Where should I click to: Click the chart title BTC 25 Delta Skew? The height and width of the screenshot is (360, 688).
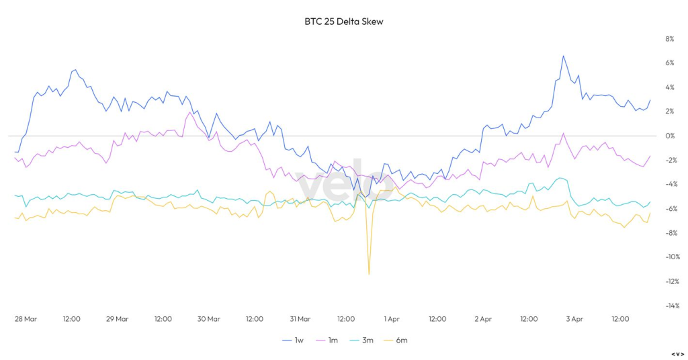point(343,21)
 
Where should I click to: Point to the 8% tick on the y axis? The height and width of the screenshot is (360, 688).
point(669,39)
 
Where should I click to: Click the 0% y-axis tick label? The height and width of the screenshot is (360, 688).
point(669,136)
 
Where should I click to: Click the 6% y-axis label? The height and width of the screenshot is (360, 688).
point(669,63)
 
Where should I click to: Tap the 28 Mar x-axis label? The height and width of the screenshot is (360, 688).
point(26,319)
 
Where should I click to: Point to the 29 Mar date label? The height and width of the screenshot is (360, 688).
point(117,319)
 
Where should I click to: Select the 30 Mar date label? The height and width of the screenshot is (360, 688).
point(209,319)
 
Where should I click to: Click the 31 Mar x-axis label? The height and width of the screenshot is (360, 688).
point(300,319)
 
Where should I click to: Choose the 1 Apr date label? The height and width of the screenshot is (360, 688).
point(392,319)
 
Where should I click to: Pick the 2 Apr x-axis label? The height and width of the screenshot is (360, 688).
point(483,319)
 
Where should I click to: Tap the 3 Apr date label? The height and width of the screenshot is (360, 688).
point(574,319)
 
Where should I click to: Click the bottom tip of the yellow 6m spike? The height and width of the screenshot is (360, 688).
point(369,273)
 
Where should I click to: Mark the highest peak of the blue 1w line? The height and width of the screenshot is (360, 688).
point(563,56)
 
